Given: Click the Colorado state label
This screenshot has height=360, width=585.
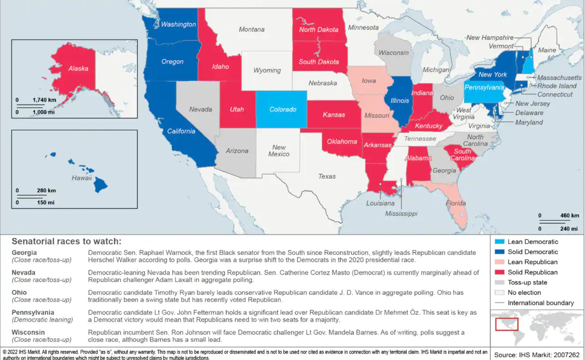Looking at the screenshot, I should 283,109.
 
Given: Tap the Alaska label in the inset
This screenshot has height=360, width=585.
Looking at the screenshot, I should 78,68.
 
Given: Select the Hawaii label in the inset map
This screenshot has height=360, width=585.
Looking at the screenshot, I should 81,178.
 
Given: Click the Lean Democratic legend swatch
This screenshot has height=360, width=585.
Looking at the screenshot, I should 500,242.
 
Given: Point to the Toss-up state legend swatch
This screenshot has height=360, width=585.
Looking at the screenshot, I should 500,282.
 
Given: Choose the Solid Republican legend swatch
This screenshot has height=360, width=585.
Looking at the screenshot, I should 500,272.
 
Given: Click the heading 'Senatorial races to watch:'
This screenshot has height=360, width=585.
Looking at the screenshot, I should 66,241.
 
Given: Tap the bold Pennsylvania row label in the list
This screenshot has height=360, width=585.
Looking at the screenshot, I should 33,312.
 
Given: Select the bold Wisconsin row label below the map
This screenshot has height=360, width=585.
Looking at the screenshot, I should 28,333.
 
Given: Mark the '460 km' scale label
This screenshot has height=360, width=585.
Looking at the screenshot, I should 569,215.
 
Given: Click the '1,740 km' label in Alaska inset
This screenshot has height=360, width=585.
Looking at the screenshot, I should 44,100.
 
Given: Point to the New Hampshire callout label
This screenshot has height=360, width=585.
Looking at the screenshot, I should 490,38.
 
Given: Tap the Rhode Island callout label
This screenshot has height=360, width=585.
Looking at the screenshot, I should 557,86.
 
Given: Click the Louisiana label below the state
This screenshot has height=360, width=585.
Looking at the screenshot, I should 380,203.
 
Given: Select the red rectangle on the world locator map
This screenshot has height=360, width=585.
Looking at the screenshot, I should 506,324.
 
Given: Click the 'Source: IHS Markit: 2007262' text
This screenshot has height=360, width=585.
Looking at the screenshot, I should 537,355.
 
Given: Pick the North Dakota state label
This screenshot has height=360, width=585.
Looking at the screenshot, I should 319,29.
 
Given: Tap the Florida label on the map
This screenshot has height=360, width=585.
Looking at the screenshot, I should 455,203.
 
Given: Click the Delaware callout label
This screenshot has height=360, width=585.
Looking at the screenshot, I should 529,113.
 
